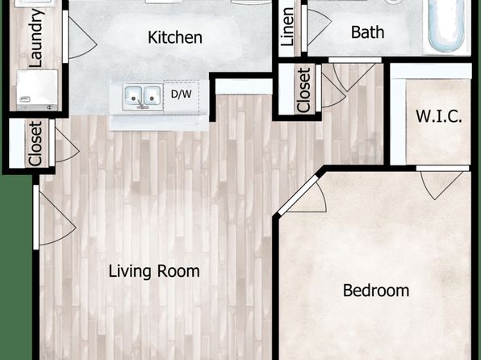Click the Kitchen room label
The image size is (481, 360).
tap(175, 37)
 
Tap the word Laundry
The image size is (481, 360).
tap(36, 38)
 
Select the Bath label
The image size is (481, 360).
tap(367, 32)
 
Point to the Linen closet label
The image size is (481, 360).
tap(287, 27)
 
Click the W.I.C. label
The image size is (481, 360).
tap(439, 116)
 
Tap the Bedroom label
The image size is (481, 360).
tap(376, 291)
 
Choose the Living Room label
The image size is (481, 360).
tap(154, 271)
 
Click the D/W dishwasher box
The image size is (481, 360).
tap(182, 98)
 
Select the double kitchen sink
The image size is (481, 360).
tap(143, 97)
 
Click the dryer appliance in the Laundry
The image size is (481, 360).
tap(37, 90)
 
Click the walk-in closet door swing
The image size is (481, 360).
tap(441, 183)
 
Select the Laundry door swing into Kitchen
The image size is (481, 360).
tap(81, 37)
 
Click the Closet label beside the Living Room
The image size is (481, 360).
tap(35, 144)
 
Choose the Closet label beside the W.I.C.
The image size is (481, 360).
tap(304, 90)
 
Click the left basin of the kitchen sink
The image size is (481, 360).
tap(133, 95)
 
